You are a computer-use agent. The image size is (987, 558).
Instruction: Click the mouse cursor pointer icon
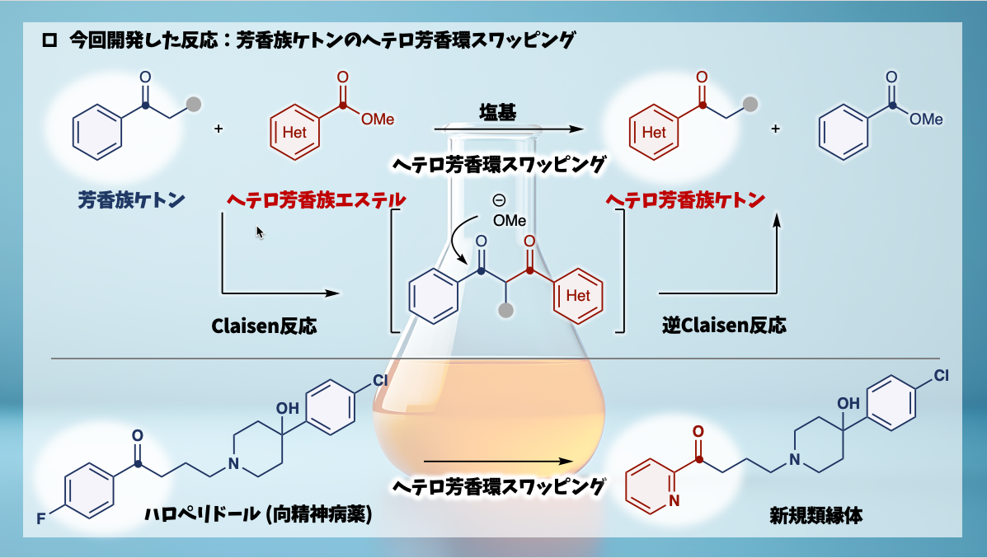click(260, 232)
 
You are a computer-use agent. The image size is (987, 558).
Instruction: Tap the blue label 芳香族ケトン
click(131, 199)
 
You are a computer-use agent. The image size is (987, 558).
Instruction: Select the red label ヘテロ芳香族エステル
click(316, 199)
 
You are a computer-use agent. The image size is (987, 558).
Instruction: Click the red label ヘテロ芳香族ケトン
click(685, 199)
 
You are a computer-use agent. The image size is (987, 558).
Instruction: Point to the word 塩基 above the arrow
click(497, 113)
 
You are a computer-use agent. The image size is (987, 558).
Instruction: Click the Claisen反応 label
click(264, 326)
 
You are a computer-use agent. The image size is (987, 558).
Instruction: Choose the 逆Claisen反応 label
click(723, 326)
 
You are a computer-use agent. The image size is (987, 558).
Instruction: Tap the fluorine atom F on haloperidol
click(40, 518)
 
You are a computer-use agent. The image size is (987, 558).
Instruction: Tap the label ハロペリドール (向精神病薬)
click(258, 515)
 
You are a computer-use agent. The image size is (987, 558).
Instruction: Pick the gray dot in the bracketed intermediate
click(506, 311)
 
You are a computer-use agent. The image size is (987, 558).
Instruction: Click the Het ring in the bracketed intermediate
click(578, 295)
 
